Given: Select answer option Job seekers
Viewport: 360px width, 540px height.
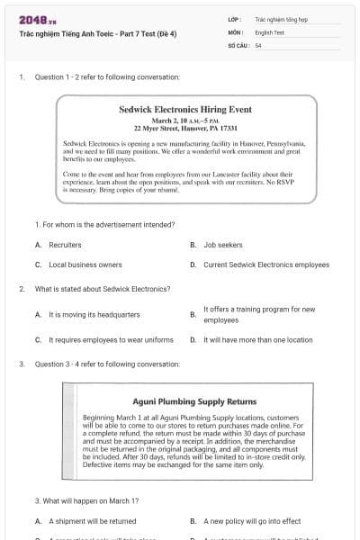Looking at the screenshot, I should pos(222,245).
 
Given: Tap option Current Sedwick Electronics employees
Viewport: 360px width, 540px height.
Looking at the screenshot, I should pos(266,265).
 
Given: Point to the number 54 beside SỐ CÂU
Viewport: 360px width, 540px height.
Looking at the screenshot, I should pos(258,45).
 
